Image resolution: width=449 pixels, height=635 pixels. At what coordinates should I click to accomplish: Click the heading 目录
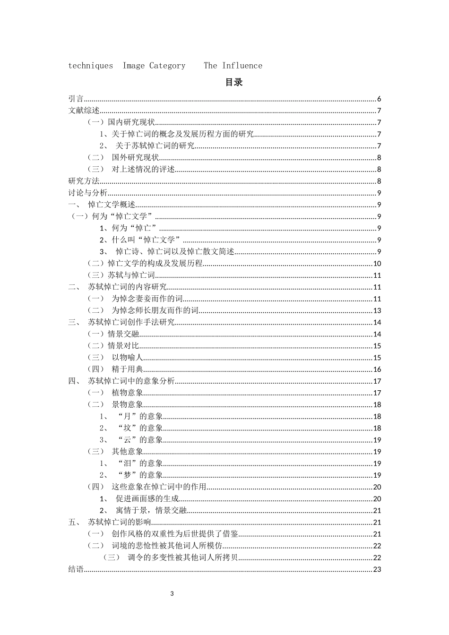[233, 82]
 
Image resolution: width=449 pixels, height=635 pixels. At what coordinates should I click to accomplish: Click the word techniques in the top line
[91, 66]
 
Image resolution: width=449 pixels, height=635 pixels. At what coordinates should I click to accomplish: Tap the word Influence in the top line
[242, 66]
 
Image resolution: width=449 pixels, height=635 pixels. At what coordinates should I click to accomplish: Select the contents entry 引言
[76, 99]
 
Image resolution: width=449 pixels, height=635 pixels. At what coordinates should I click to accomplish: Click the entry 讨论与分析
[88, 193]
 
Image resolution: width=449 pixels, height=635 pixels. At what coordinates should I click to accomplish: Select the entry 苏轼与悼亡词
[131, 275]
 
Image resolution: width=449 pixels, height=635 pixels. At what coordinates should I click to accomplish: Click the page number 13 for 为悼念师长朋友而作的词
[377, 310]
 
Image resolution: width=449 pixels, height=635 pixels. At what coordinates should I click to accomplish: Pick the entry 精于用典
[127, 369]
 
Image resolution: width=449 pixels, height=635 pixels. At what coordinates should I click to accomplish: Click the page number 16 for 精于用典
[377, 369]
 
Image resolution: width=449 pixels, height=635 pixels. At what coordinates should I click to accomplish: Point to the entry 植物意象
[127, 393]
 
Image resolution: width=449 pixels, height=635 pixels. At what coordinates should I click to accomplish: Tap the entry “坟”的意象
[139, 428]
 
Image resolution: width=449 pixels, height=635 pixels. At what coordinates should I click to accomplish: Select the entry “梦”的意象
[139, 475]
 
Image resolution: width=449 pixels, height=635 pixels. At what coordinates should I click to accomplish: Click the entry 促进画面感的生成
[147, 498]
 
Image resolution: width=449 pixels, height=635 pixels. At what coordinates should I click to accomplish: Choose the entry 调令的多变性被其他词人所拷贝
[182, 558]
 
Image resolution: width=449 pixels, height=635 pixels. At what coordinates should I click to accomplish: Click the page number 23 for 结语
[377, 569]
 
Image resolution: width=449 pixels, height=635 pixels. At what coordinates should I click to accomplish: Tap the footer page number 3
[172, 594]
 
